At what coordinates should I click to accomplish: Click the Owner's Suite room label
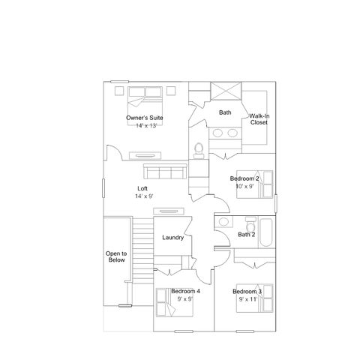coord(145,118)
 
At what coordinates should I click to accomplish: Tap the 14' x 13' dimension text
coord(146,126)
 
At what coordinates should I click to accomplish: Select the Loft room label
coord(142,188)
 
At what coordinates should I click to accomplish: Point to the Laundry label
coord(173,238)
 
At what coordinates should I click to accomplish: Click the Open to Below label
coord(116,256)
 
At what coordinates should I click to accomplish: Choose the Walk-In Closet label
coord(259,119)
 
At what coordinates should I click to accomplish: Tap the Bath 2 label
coord(247,235)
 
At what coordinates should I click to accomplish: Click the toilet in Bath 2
coord(250,224)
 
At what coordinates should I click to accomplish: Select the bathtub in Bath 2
coord(266,232)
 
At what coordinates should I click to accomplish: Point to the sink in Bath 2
coord(223,222)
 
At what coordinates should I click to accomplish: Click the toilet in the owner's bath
coord(199,151)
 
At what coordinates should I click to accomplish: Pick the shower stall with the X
coord(226,91)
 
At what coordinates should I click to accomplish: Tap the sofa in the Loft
coord(165,171)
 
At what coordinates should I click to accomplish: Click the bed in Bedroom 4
coord(175,302)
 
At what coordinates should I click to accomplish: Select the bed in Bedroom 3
coord(254,298)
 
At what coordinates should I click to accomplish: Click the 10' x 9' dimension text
coord(245,186)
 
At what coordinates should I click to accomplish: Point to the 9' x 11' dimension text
coord(248,299)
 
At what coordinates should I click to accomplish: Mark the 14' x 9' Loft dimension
coord(144,196)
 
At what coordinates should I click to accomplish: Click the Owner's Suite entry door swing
coord(115,152)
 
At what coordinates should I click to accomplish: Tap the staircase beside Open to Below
coord(142,250)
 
